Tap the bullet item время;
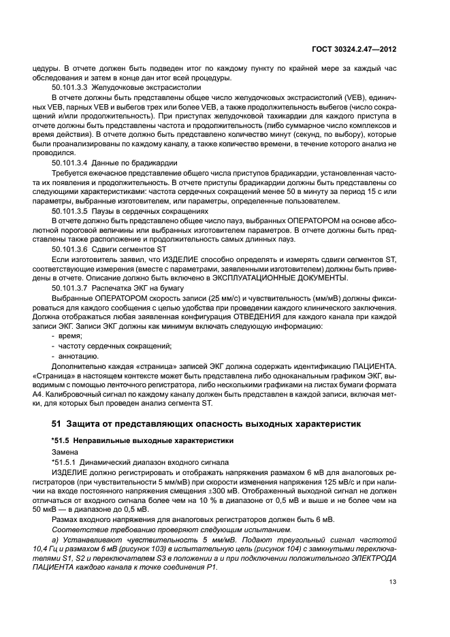69,336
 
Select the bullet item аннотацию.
75,355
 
